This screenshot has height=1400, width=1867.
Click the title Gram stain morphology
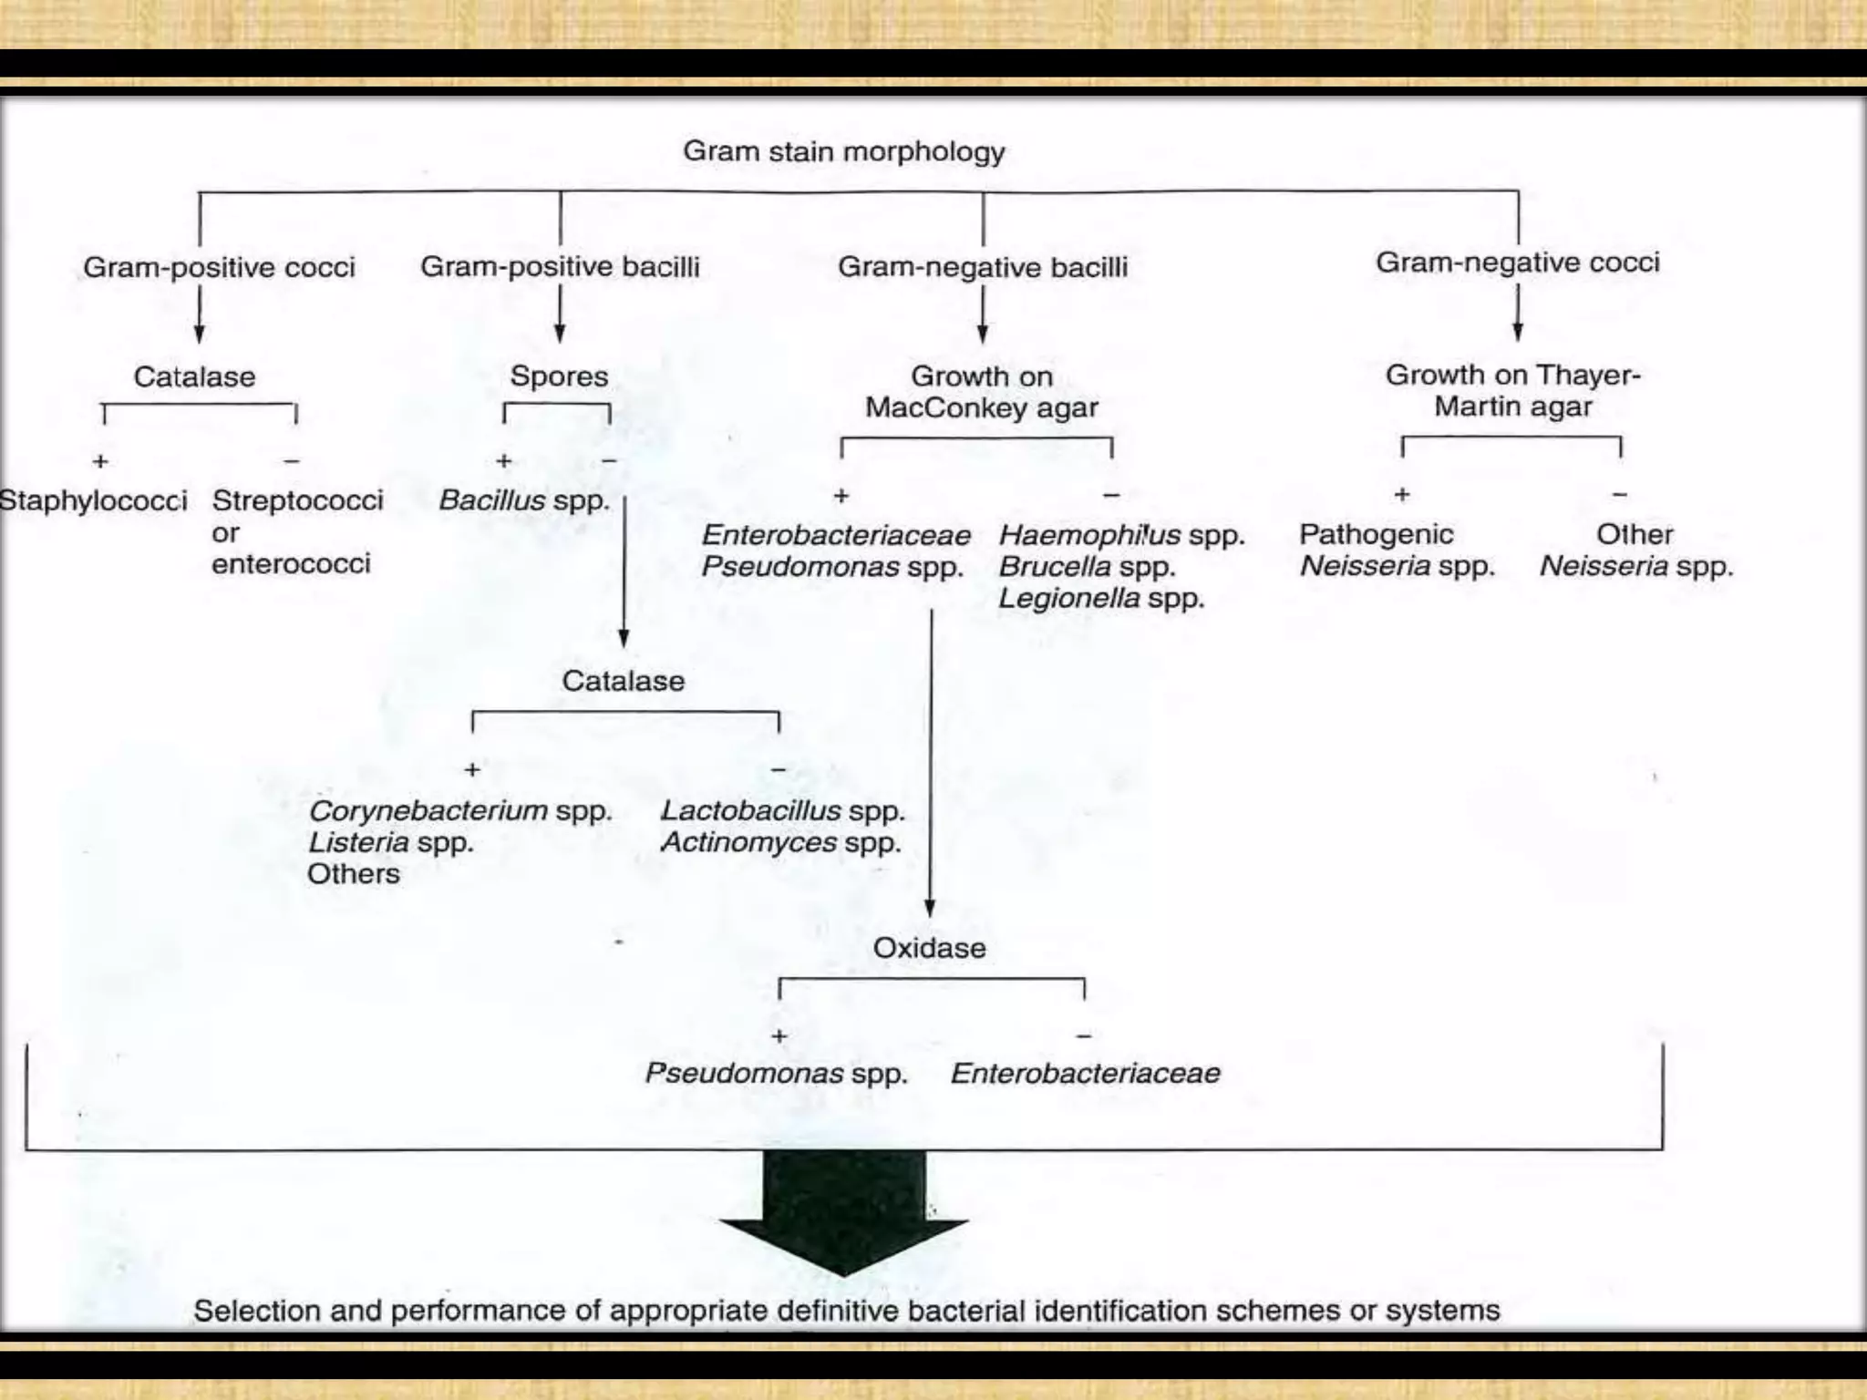(843, 151)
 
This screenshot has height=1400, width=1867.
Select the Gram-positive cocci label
(219, 267)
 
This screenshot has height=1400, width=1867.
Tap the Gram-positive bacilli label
(560, 266)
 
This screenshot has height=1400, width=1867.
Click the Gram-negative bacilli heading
(982, 267)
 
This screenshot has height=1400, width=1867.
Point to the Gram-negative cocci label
(1517, 262)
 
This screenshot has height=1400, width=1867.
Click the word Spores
(559, 376)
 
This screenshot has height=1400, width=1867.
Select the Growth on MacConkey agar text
(982, 392)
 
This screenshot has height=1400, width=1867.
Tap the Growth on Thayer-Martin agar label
(1512, 390)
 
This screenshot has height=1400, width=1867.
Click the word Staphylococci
(93, 500)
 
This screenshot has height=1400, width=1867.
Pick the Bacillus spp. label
(523, 500)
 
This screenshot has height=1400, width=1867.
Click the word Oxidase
(929, 948)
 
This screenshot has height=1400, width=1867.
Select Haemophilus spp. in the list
(1121, 535)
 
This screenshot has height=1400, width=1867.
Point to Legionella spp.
(1101, 599)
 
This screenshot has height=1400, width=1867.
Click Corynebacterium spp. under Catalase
(459, 810)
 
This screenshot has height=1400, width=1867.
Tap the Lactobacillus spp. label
(782, 810)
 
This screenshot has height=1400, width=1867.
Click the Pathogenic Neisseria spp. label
(1396, 550)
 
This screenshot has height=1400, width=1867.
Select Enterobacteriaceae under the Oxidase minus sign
(1085, 1073)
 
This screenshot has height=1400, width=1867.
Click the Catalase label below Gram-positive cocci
(194, 376)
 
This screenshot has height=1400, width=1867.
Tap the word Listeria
(358, 842)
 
